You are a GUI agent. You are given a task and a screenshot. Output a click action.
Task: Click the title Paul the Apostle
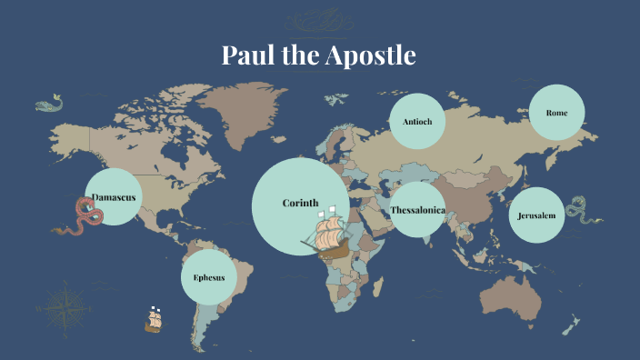pyautogui.click(x=319, y=56)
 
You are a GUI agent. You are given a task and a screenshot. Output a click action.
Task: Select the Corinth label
pyautogui.click(x=300, y=203)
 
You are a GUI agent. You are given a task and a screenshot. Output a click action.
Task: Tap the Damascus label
pyautogui.click(x=114, y=197)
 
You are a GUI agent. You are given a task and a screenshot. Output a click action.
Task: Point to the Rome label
pyautogui.click(x=556, y=113)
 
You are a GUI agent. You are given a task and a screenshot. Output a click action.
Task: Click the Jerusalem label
pyautogui.click(x=536, y=216)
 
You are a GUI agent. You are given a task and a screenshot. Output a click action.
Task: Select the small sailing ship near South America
pyautogui.click(x=154, y=318)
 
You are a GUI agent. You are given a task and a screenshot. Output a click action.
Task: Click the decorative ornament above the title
pyautogui.click(x=320, y=20)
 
